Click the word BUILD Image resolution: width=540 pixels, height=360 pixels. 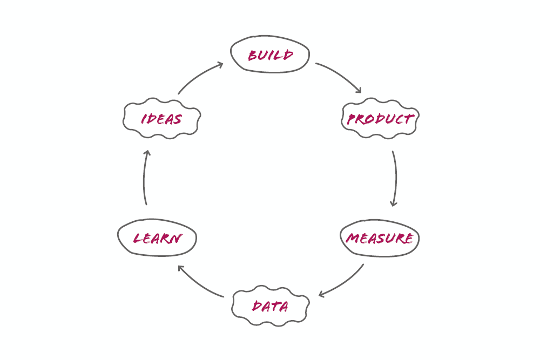point(271,55)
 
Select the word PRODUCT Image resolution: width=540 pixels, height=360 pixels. point(381,119)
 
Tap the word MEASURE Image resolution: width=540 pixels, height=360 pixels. point(380,238)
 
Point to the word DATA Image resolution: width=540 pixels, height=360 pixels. point(270,307)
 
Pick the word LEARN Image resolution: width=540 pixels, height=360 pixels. point(157,238)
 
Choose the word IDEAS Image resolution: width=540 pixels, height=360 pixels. point(161,119)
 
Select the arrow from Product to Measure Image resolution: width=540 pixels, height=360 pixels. point(396,178)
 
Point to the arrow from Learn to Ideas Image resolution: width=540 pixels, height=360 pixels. point(144,178)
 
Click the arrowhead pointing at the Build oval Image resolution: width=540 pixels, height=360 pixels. point(220,65)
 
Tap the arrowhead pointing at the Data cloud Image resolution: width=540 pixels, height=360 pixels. point(321,295)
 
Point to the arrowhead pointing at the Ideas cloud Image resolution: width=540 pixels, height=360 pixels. point(146,153)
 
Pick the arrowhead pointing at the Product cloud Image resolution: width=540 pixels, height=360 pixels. point(359,91)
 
